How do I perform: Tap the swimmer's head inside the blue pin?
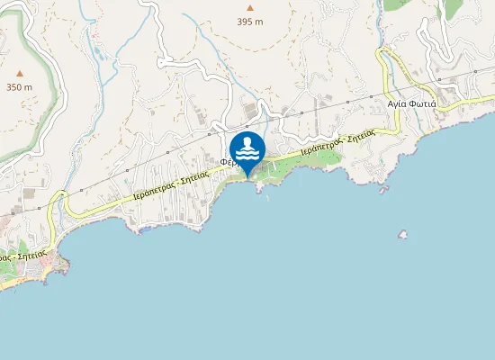point(247,142)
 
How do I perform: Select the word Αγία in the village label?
point(397,103)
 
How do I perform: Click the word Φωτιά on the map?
point(423,103)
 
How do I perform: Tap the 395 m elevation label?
point(250,21)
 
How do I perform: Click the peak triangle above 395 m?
point(250,7)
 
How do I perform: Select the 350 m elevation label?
point(20,87)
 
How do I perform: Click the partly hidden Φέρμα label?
point(227,163)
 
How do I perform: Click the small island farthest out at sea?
point(402,235)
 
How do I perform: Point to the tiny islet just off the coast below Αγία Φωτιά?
point(384,189)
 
